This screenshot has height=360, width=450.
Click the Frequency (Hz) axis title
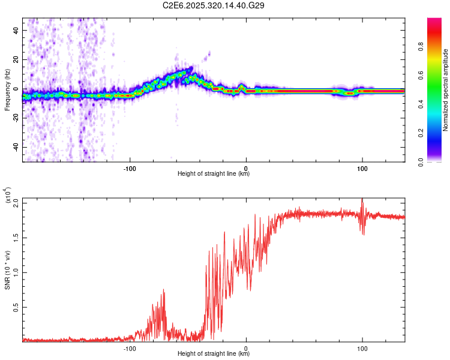[7, 89]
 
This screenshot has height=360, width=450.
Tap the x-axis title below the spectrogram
[214, 174]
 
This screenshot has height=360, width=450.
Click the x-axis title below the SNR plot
[214, 354]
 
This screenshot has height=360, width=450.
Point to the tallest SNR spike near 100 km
[362, 199]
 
